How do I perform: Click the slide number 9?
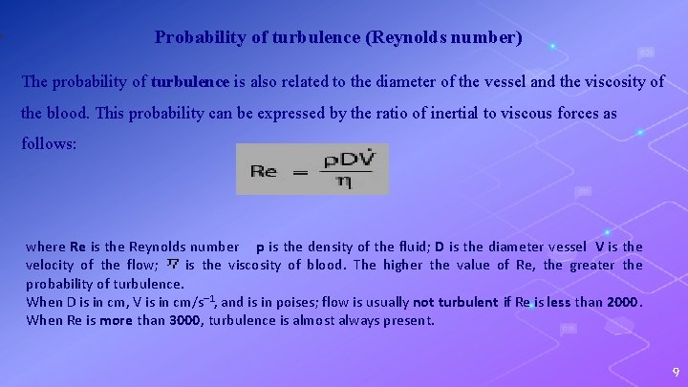coord(675,372)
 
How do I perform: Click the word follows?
coord(53,146)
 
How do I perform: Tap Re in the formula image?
coord(264,171)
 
